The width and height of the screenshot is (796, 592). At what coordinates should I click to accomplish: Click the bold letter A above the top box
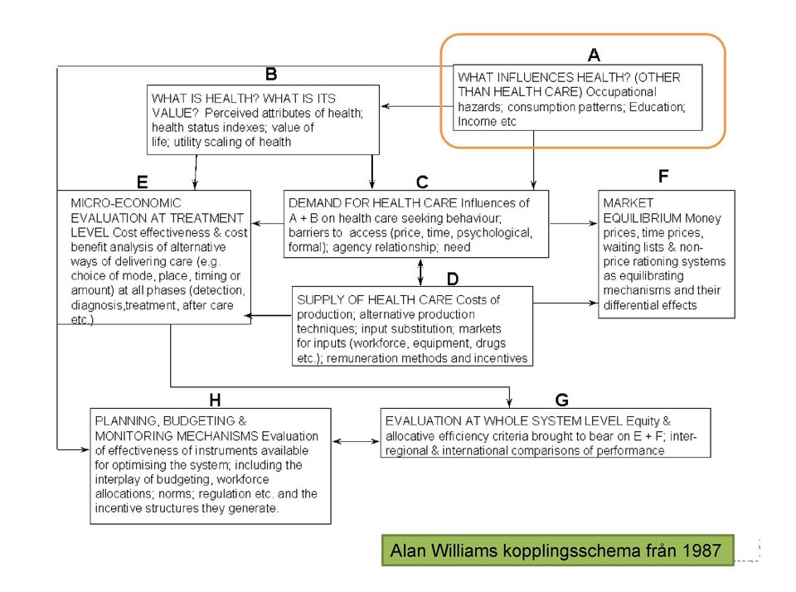tap(594, 55)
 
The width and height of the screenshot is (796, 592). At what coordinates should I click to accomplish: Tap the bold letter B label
tap(271, 74)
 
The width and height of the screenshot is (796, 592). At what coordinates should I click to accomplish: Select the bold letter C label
tap(422, 182)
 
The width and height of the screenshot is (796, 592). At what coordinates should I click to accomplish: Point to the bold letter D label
tap(453, 279)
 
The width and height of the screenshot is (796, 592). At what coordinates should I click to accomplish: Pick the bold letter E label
tap(142, 182)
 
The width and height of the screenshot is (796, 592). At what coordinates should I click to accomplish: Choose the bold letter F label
tap(663, 176)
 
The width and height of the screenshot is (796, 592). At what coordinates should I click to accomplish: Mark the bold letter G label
tap(561, 400)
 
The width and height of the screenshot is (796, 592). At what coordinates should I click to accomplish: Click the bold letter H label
tap(215, 400)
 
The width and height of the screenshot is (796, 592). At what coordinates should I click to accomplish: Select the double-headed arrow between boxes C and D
tap(420, 272)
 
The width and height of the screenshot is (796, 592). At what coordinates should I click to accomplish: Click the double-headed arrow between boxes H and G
tap(356, 441)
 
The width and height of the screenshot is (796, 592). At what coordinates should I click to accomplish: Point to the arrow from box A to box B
tap(417, 106)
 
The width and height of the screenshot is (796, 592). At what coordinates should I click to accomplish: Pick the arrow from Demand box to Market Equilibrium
tap(574, 223)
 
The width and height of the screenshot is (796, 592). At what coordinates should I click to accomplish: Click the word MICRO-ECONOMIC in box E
tap(126, 203)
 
